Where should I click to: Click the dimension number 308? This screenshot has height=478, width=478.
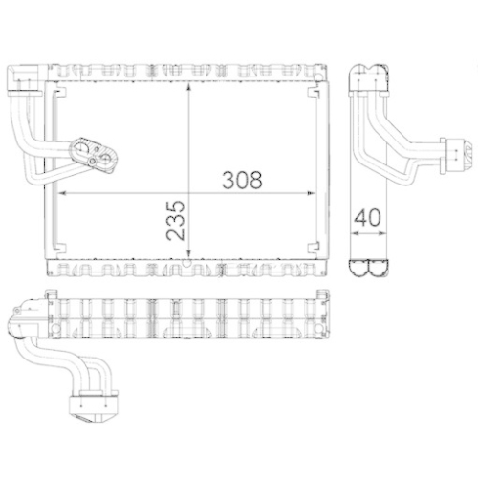tap(242, 178)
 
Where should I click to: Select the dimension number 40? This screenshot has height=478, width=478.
tap(367, 216)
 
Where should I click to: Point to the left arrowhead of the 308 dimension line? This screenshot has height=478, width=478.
tap(64, 192)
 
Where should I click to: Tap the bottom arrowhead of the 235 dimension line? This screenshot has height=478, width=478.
tap(190, 256)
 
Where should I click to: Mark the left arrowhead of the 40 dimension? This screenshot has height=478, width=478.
tap(353, 228)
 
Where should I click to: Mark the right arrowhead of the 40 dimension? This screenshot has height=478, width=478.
tap(382, 228)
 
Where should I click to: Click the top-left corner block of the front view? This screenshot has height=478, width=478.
tap(25, 76)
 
